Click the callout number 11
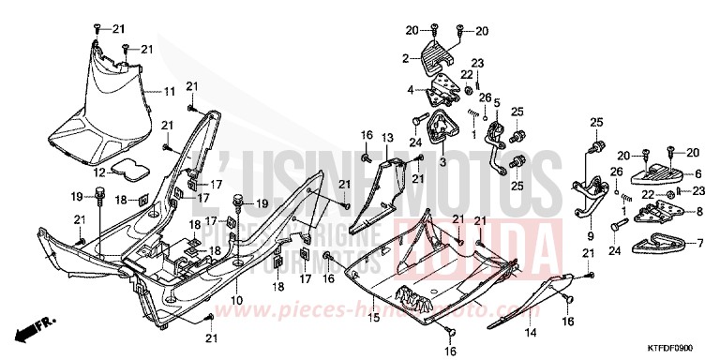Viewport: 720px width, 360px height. pyautogui.click(x=170, y=91)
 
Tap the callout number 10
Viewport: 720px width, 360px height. pyautogui.click(x=237, y=300)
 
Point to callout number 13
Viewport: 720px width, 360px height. pyautogui.click(x=386, y=137)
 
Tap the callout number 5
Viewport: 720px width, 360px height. pyautogui.click(x=497, y=102)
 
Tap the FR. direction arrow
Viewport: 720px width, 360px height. pyautogui.click(x=33, y=329)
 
